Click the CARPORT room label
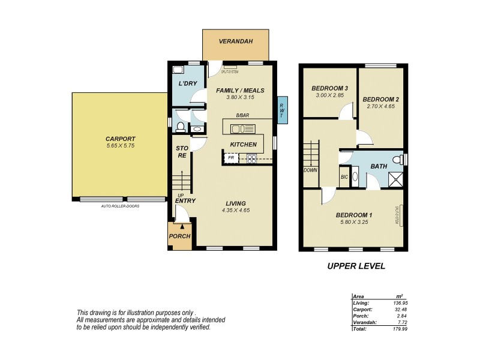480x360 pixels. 119,138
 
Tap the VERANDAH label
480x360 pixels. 235,41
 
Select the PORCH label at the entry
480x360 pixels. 179,236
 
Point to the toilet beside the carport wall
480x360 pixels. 179,126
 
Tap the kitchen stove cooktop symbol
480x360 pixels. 250,158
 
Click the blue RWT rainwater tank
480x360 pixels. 281,112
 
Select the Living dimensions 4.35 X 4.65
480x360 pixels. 236,211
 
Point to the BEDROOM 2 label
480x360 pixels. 381,99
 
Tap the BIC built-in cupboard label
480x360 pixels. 344,177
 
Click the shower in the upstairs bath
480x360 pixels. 395,178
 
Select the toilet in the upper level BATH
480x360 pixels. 395,158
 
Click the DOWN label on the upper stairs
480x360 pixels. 310,170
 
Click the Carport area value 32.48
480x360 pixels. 397,310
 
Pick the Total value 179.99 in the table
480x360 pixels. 397,329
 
